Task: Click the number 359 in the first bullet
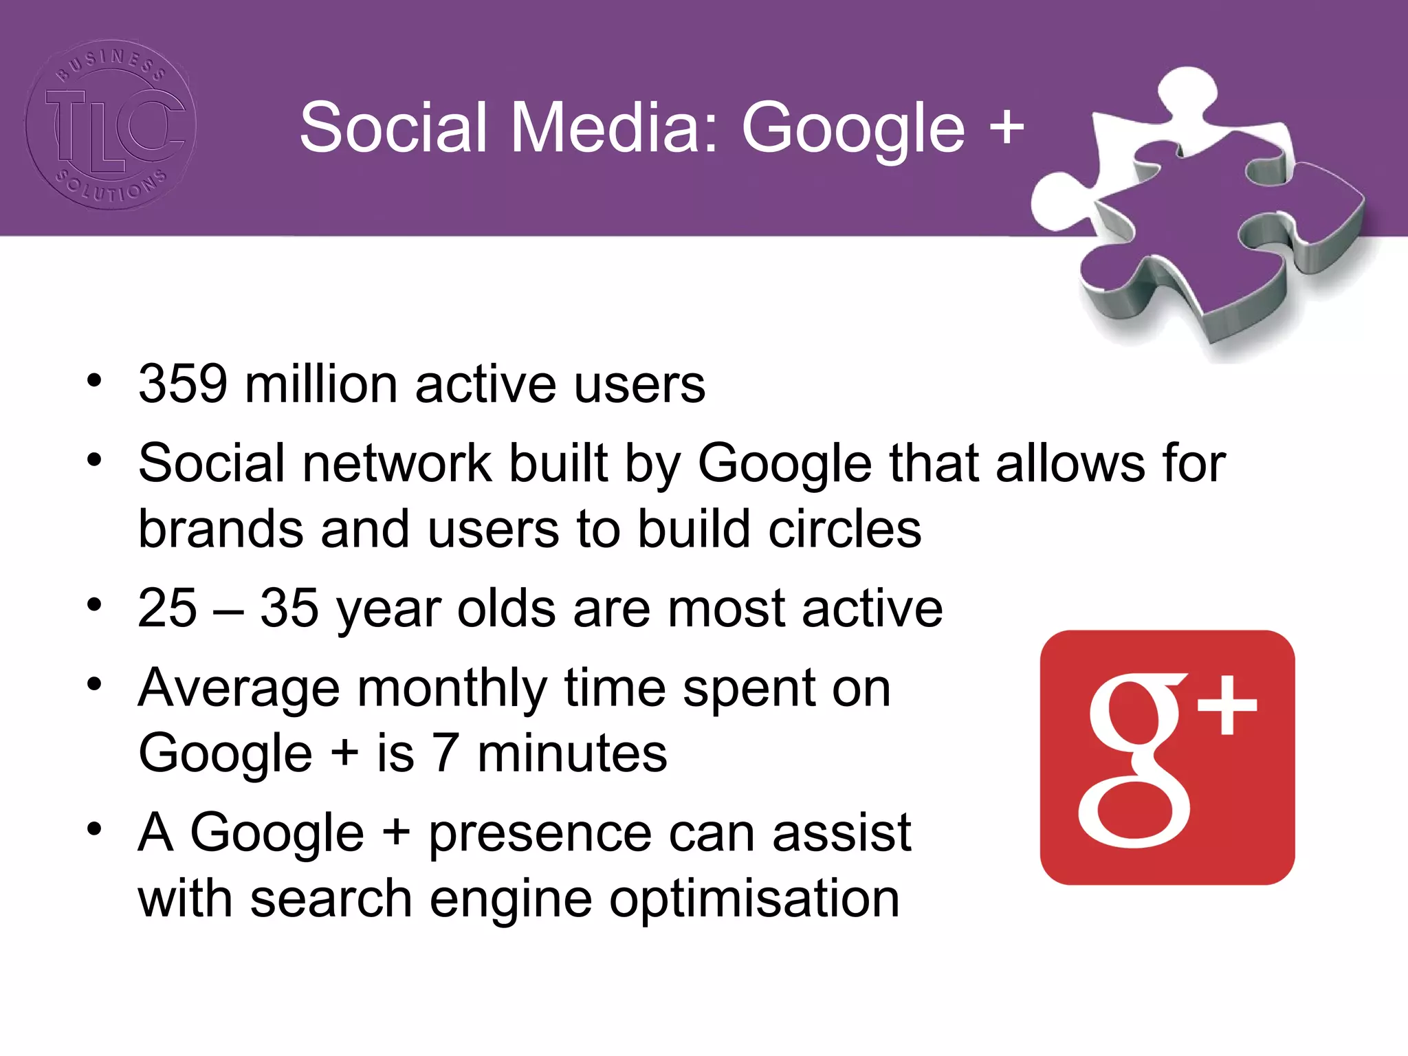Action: pos(183,384)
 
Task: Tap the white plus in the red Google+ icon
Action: pos(1227,705)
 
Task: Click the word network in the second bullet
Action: pos(397,463)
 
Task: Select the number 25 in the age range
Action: pos(167,608)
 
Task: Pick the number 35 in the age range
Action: pos(289,608)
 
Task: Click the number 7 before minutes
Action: pos(445,753)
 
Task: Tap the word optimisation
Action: pos(754,899)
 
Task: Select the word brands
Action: pos(221,529)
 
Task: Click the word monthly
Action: pos(452,689)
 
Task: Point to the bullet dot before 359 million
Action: pos(94,380)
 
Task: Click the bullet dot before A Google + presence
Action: pos(94,829)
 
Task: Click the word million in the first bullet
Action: pos(321,384)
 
